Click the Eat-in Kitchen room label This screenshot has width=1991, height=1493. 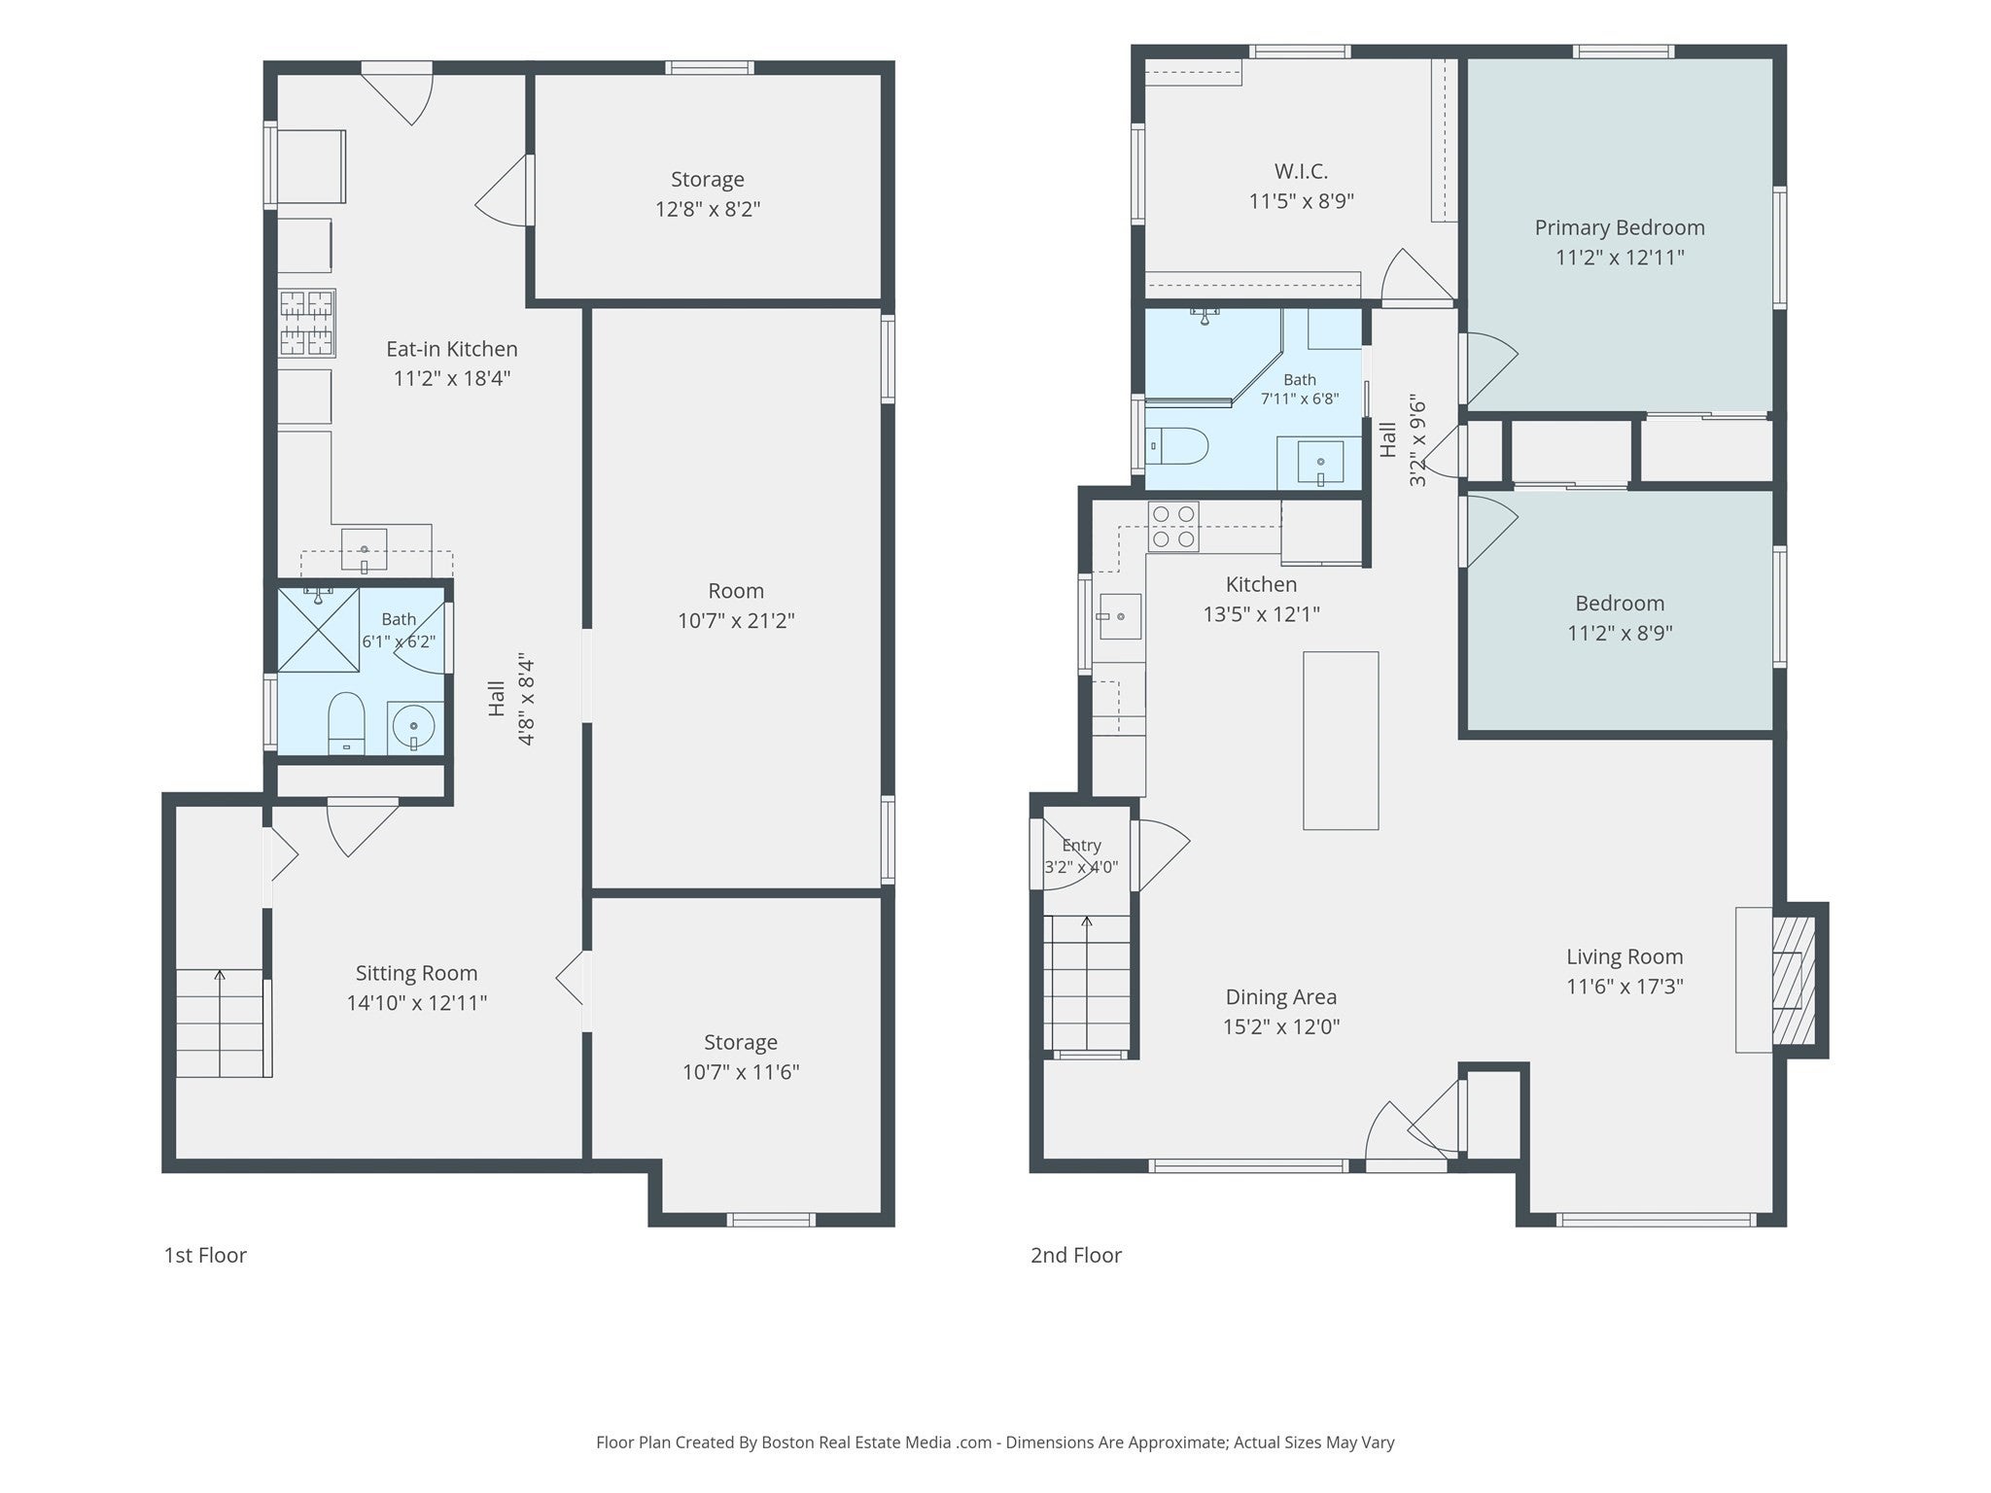pyautogui.click(x=452, y=349)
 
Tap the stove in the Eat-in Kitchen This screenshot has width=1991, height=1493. pyautogui.click(x=307, y=323)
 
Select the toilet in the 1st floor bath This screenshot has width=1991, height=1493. pyautogui.click(x=346, y=723)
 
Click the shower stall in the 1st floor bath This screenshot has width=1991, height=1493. pyautogui.click(x=319, y=629)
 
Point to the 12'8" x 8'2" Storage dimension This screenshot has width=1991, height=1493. pyautogui.click(x=708, y=209)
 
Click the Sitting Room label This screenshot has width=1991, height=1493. pyautogui.click(x=416, y=973)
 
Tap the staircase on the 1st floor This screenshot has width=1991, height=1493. pyautogui.click(x=223, y=1024)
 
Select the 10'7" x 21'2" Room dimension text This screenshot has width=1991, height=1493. pyautogui.click(x=736, y=620)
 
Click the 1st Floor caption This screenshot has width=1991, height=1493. pyautogui.click(x=205, y=1255)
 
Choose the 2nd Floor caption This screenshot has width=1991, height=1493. pyautogui.click(x=1076, y=1255)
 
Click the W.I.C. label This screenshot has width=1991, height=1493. pyautogui.click(x=1301, y=171)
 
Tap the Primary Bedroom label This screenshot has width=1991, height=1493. pyautogui.click(x=1620, y=227)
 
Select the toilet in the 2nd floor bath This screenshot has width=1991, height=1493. pyautogui.click(x=1177, y=446)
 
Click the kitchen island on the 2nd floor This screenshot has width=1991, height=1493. pyautogui.click(x=1341, y=741)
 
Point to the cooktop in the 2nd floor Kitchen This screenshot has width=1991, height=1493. pyautogui.click(x=1173, y=526)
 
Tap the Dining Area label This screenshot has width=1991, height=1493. pyautogui.click(x=1281, y=996)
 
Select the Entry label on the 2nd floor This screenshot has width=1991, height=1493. pyautogui.click(x=1081, y=846)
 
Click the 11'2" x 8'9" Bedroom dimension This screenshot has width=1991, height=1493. pyautogui.click(x=1620, y=633)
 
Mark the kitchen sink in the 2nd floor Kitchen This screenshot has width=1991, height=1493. pyautogui.click(x=1120, y=616)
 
